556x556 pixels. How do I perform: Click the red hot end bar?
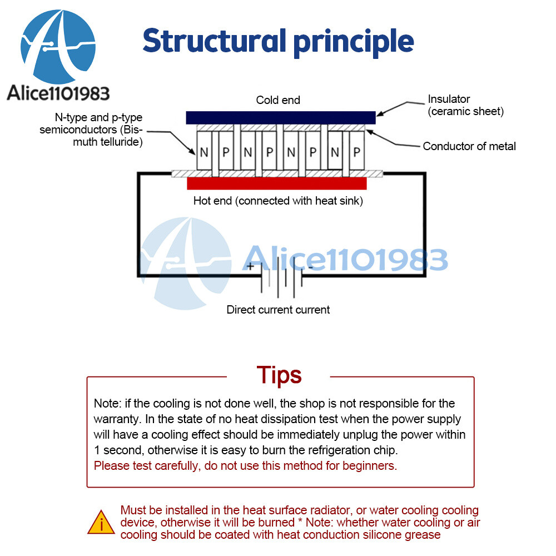[277, 184]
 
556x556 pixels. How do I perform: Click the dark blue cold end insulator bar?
[280, 117]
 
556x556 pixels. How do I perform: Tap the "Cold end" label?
[278, 101]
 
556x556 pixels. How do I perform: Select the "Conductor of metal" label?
[469, 147]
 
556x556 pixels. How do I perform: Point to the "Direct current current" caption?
[278, 310]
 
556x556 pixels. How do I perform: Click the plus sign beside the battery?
[251, 266]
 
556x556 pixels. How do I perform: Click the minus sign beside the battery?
[310, 267]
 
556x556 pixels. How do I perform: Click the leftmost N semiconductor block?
[203, 152]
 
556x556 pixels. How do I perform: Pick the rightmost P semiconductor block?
[356, 152]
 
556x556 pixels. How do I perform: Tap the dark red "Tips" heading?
[279, 375]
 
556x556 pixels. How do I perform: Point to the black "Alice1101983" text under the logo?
[58, 93]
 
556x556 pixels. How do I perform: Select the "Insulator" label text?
[449, 100]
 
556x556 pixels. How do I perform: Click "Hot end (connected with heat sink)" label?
[278, 201]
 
